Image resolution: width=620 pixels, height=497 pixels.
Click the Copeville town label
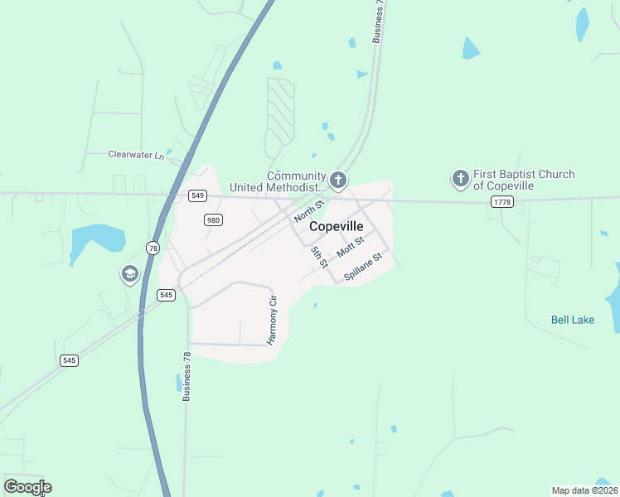[336, 226]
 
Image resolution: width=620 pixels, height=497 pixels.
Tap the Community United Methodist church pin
[337, 179]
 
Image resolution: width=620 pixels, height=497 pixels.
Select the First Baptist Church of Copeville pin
[460, 178]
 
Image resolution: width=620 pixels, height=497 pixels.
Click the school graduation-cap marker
[129, 273]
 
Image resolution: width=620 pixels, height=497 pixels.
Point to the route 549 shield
[196, 195]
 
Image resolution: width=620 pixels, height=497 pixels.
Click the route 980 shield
[213, 220]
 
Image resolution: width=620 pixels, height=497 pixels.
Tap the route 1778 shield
[501, 202]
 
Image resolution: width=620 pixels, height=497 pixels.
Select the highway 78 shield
[153, 248]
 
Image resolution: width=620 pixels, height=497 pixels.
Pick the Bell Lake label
[573, 320]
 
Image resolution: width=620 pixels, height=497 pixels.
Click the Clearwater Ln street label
[137, 154]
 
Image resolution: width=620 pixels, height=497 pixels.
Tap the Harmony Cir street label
[271, 320]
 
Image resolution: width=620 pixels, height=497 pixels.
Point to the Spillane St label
[362, 267]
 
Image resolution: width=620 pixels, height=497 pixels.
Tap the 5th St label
[319, 257]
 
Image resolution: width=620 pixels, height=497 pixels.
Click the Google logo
[27, 486]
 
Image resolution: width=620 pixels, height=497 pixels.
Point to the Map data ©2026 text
[584, 490]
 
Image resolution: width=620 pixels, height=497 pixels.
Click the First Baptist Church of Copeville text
[524, 180]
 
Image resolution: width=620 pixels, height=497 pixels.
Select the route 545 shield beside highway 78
[167, 295]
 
